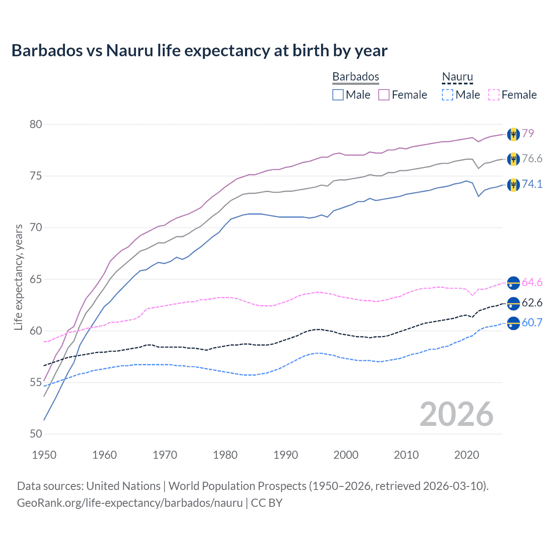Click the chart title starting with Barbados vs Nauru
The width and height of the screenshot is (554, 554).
point(199,51)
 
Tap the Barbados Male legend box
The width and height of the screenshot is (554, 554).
point(338,95)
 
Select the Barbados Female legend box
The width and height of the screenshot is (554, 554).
point(384,95)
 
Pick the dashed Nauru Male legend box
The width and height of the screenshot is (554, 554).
point(448,95)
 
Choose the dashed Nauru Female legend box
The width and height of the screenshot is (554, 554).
point(493,95)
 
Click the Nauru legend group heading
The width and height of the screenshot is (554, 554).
point(457,77)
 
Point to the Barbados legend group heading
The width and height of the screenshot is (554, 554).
point(355,77)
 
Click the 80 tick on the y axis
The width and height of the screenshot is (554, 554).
point(36,125)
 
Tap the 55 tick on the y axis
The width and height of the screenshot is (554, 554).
point(36,383)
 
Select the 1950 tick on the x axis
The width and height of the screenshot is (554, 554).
point(44,455)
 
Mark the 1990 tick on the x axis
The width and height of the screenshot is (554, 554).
point(286,455)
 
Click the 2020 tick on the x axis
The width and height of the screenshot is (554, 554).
point(467,455)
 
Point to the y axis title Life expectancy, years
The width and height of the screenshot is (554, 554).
point(19,277)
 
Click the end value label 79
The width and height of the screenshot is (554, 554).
point(528,133)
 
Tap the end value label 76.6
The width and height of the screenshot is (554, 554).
point(532,159)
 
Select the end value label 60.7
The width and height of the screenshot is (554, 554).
point(532,322)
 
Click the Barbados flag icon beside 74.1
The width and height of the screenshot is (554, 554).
point(513,184)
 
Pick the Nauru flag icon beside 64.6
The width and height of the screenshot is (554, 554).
point(513,283)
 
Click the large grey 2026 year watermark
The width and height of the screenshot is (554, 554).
point(456,414)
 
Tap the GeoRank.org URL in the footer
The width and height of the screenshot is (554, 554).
point(130,503)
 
